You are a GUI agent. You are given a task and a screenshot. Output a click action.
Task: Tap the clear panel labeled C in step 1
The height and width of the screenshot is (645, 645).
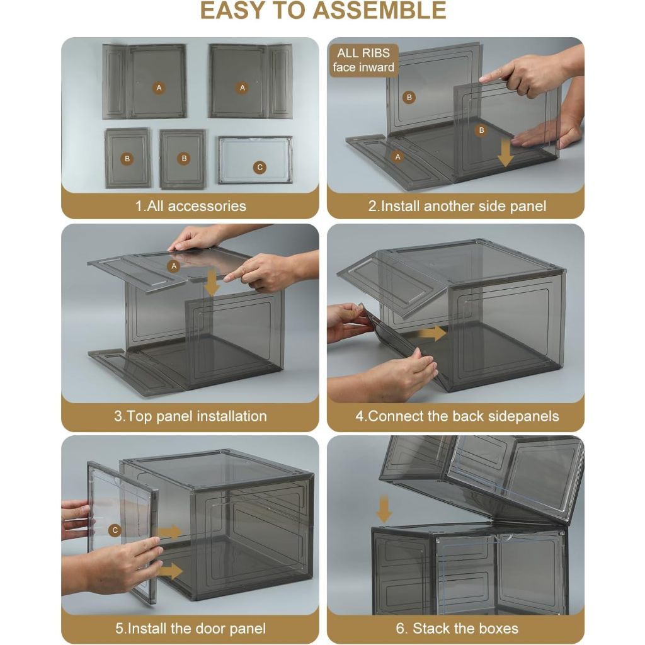pos(255,159)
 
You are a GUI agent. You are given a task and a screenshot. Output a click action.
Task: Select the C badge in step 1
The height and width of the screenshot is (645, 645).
pos(260,168)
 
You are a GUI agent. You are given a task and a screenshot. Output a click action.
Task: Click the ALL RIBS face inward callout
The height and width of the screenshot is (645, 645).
pos(363,60)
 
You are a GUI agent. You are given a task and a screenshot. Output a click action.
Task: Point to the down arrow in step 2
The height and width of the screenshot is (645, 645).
pos(505,152)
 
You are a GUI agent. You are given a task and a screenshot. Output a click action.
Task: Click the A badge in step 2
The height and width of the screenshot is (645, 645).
pos(397,157)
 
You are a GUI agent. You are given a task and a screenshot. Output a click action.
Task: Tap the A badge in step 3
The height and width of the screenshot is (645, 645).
pos(174,266)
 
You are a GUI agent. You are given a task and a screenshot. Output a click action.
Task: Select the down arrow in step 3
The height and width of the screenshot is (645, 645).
pos(212,283)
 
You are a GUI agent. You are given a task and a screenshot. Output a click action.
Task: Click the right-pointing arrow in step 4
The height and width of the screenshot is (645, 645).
pos(432,333)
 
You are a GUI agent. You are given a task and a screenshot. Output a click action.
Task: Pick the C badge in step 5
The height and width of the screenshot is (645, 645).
pos(115,530)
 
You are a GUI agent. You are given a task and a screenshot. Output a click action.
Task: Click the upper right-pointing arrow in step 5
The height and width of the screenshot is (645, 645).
pos(170,532)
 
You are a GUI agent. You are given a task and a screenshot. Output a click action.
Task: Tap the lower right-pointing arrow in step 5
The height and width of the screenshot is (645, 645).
pos(170,571)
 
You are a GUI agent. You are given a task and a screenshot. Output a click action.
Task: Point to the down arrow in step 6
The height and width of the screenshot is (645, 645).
pos(384,509)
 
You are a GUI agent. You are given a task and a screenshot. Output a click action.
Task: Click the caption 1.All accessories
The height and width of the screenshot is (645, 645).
pos(190,206)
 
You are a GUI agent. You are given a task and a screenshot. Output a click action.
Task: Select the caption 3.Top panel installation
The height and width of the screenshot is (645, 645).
pos(190,416)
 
